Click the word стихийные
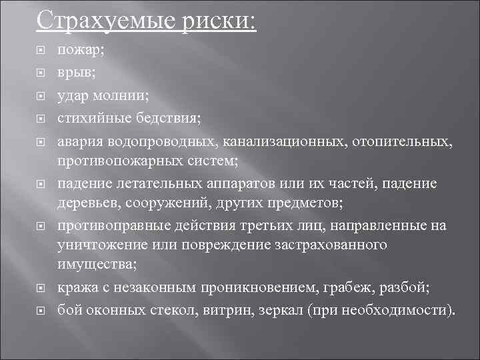90,119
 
